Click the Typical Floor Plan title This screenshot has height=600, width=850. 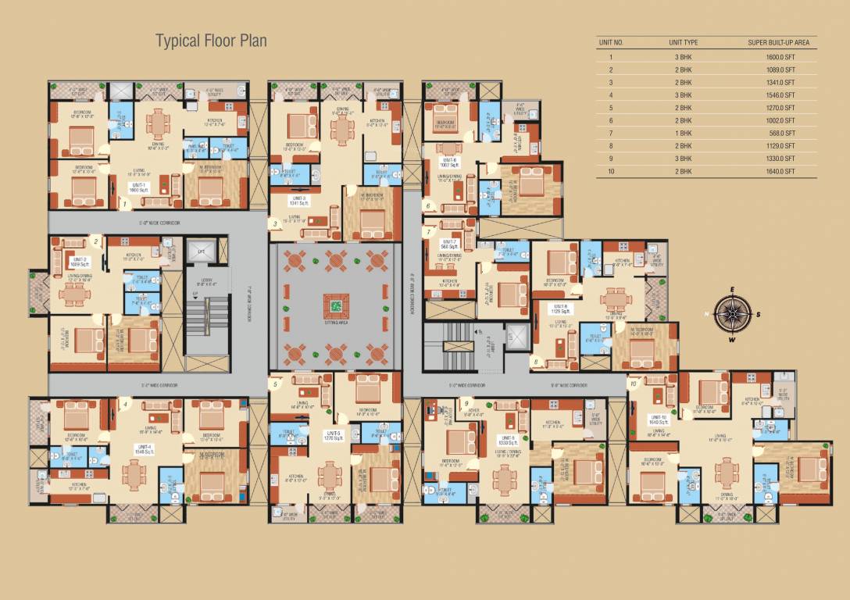pyautogui.click(x=211, y=41)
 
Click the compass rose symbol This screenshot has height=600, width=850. pyautogui.click(x=733, y=313)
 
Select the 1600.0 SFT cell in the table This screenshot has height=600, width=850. pyautogui.click(x=780, y=57)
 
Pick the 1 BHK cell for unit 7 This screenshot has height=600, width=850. pyautogui.click(x=683, y=133)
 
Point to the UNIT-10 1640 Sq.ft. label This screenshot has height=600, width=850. pyautogui.click(x=658, y=420)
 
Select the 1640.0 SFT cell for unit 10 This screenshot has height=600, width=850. pyautogui.click(x=780, y=171)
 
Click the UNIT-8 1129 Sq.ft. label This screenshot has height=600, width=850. pyautogui.click(x=561, y=308)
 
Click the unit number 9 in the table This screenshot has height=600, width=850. pyautogui.click(x=610, y=159)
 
